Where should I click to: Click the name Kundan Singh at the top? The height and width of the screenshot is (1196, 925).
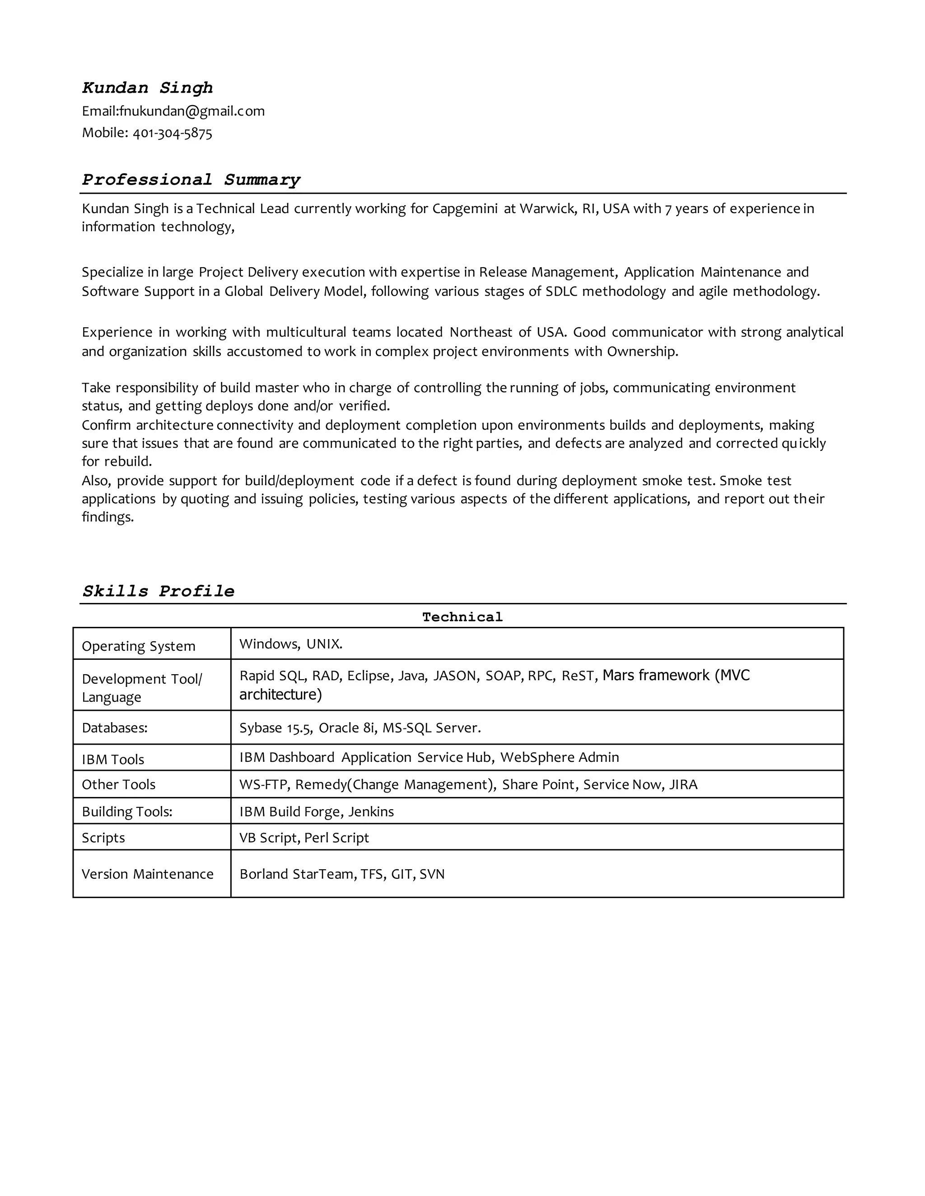pyautogui.click(x=147, y=88)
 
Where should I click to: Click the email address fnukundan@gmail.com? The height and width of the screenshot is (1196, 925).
pyautogui.click(x=192, y=111)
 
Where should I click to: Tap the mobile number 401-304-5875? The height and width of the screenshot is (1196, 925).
pyautogui.click(x=172, y=133)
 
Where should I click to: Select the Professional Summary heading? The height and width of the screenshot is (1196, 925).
pyautogui.click(x=191, y=180)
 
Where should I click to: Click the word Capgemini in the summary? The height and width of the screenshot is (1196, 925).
pyautogui.click(x=465, y=209)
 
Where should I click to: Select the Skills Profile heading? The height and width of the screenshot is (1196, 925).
pyautogui.click(x=159, y=591)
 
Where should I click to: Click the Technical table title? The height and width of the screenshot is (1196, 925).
pyautogui.click(x=462, y=617)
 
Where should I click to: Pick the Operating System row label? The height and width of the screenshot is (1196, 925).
pyautogui.click(x=138, y=646)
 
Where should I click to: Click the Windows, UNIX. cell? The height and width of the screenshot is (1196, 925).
pyautogui.click(x=290, y=644)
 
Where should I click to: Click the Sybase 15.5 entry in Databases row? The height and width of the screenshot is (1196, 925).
pyautogui.click(x=275, y=728)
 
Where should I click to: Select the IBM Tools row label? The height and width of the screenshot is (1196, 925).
pyautogui.click(x=113, y=760)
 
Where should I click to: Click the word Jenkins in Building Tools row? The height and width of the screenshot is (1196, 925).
pyautogui.click(x=371, y=811)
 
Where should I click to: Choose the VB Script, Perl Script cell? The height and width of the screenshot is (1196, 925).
pyautogui.click(x=304, y=838)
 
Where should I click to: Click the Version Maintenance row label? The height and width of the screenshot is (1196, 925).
pyautogui.click(x=147, y=874)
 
